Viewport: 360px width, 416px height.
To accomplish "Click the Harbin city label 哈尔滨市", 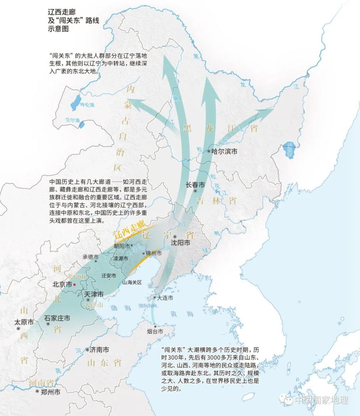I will [224, 152].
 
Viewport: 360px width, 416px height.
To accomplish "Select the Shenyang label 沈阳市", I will [181, 243].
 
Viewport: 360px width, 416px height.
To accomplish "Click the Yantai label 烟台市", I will [155, 332].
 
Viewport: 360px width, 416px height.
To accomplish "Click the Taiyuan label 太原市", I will [24, 322].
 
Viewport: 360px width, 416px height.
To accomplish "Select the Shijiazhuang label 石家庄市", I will [57, 318].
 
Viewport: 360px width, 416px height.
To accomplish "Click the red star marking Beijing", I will [74, 285].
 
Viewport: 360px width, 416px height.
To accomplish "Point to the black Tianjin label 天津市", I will [94, 294].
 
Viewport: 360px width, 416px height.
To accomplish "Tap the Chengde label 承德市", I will [90, 257].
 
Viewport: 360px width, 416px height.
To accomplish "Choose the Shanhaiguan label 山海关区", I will [132, 282].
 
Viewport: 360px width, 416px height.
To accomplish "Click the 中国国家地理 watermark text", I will [321, 400].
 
